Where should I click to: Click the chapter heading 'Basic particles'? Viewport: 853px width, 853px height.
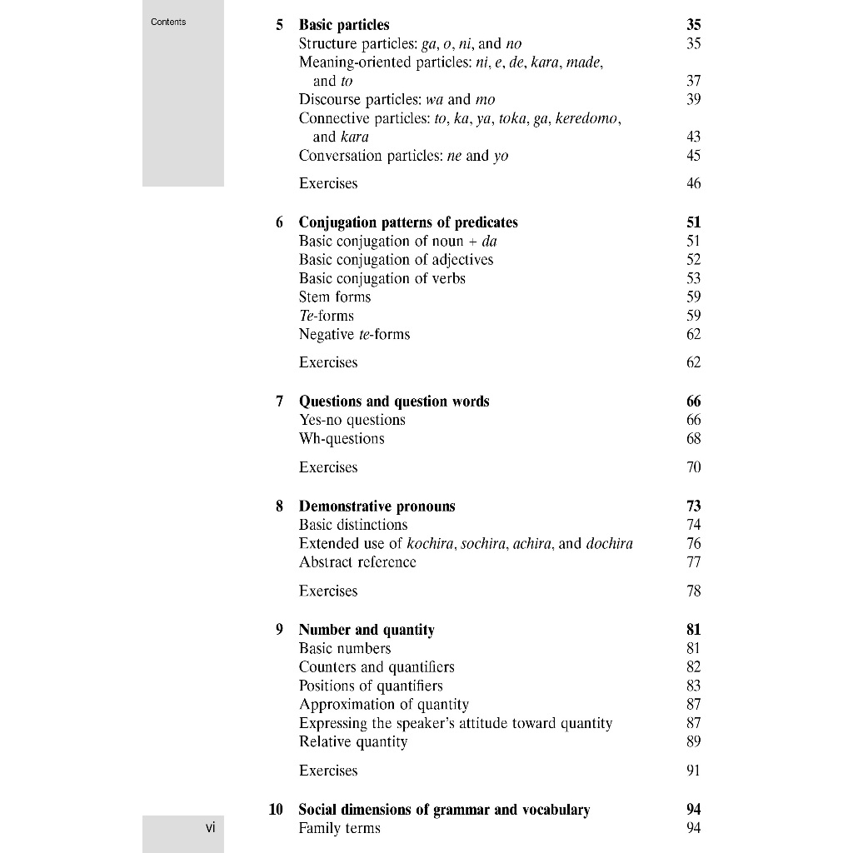(343, 25)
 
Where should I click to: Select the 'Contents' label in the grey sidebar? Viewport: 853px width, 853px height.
(168, 22)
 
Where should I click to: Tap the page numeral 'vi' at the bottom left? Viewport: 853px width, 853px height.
(210, 827)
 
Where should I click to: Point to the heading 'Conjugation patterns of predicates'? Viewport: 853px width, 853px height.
(408, 222)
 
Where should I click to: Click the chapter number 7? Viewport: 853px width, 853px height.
(279, 402)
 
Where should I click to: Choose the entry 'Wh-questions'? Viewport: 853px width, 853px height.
(342, 439)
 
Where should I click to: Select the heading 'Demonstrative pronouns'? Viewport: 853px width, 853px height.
(377, 506)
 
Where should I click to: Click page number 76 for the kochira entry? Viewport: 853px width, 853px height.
(694, 544)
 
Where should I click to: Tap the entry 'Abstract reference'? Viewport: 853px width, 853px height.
(357, 562)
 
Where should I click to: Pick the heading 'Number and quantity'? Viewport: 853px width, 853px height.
(367, 630)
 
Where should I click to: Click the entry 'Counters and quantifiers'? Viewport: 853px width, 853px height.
(377, 667)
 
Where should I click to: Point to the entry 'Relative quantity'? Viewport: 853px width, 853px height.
(353, 742)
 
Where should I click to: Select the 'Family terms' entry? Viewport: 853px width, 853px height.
(339, 829)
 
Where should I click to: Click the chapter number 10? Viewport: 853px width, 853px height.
(276, 810)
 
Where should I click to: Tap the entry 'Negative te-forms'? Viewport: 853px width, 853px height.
(354, 335)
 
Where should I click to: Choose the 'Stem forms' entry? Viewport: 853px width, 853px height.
(335, 297)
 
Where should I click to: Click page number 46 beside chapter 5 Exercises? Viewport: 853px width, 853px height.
(694, 184)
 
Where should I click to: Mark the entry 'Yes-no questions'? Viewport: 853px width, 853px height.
(352, 421)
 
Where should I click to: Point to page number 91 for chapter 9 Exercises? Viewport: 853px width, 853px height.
(694, 771)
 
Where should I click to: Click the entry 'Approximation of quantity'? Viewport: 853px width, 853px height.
(384, 705)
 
